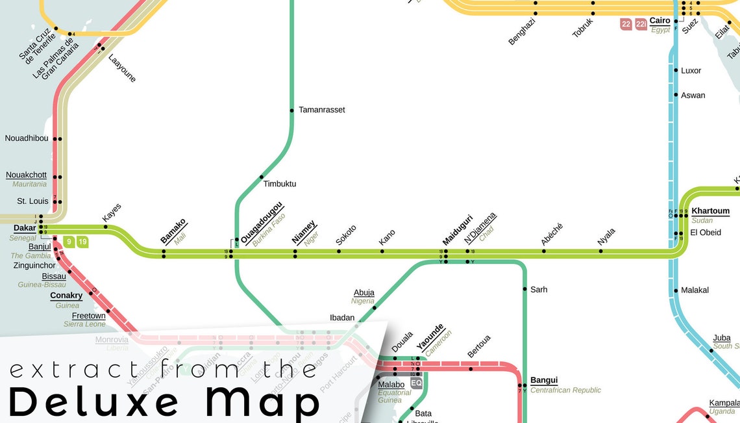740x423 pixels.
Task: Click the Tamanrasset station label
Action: [321, 110]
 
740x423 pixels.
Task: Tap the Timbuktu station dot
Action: [262, 177]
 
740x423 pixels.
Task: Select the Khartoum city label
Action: [710, 211]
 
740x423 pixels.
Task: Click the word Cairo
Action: [660, 21]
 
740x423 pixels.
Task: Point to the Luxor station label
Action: [691, 70]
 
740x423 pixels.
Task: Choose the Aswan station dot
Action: [676, 95]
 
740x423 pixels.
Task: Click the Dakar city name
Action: [25, 228]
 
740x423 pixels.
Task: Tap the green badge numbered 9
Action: [69, 242]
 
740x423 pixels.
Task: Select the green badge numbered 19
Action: [82, 242]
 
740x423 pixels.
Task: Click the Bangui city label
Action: [543, 380]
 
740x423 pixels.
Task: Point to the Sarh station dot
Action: [524, 289]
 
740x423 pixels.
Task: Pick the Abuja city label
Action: [364, 292]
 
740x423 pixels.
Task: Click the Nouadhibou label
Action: [27, 138]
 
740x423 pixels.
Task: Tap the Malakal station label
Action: [695, 290]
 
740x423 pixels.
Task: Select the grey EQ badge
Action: [417, 383]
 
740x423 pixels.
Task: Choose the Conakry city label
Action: [66, 296]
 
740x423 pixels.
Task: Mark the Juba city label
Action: [721, 338]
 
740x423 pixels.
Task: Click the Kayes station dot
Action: [106, 227]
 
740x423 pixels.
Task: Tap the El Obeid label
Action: [705, 233]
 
